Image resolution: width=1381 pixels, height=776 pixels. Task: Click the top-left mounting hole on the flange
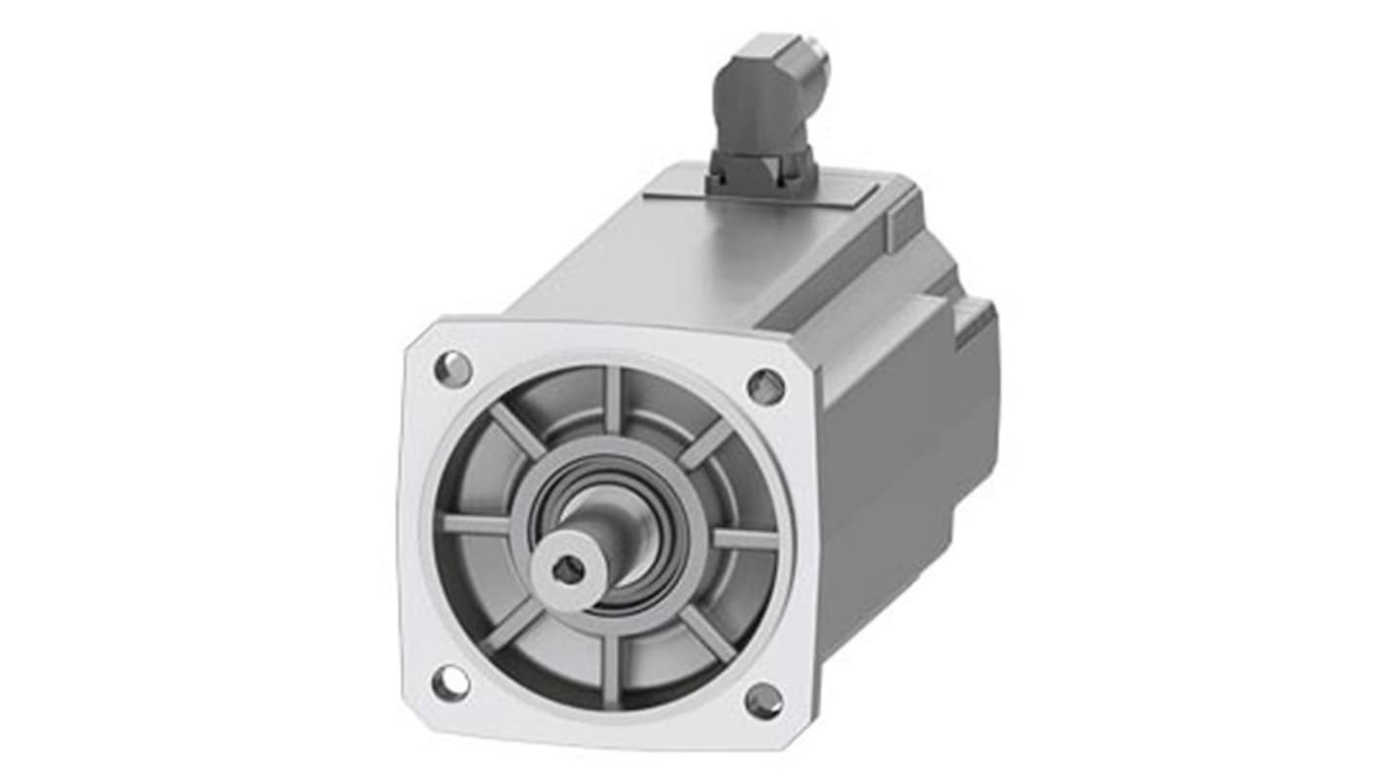452,369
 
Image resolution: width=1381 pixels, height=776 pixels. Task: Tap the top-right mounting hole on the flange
765,387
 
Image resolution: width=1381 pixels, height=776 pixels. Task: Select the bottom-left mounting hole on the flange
449,683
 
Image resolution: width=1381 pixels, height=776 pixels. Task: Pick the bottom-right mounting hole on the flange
763,699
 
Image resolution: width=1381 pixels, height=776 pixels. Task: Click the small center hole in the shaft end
568,572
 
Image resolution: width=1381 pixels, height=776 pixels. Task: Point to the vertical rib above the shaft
613,400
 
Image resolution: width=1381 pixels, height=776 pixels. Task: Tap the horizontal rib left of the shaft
477,525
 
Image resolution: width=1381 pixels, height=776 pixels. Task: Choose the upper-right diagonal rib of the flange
705,443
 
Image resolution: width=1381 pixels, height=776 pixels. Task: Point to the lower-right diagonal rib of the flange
707,634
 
